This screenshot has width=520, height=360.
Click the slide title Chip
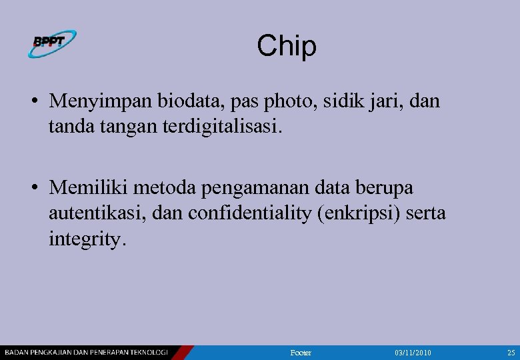(287, 46)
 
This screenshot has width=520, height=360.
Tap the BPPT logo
(52, 43)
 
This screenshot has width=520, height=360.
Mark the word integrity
(86, 238)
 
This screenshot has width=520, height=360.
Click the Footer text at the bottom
(301, 352)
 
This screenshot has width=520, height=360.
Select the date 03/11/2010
(413, 352)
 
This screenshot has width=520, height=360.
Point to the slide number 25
(511, 352)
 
